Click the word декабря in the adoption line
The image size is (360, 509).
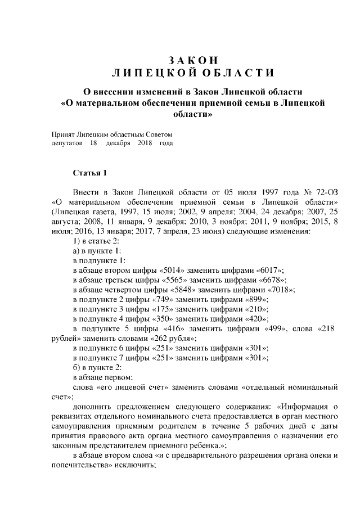tap(118, 143)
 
